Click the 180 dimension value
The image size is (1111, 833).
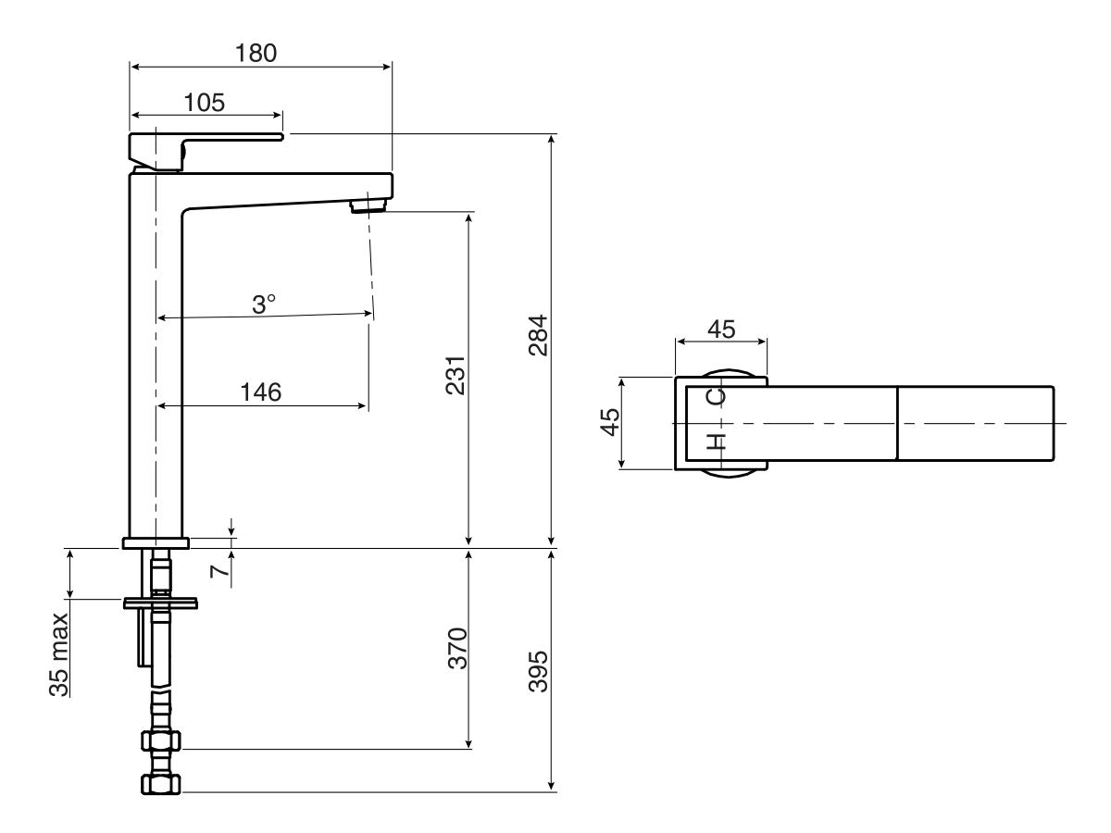(256, 53)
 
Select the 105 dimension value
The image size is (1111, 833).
(204, 102)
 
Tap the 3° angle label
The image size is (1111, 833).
(264, 304)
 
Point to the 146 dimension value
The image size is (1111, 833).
(261, 392)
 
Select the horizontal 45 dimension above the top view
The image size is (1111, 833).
(721, 329)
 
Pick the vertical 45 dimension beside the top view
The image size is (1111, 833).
(609, 423)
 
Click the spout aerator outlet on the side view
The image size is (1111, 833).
(368, 205)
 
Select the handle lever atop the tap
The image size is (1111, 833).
(204, 142)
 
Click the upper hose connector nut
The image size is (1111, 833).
(161, 741)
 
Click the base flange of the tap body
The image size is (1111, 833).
(156, 543)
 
